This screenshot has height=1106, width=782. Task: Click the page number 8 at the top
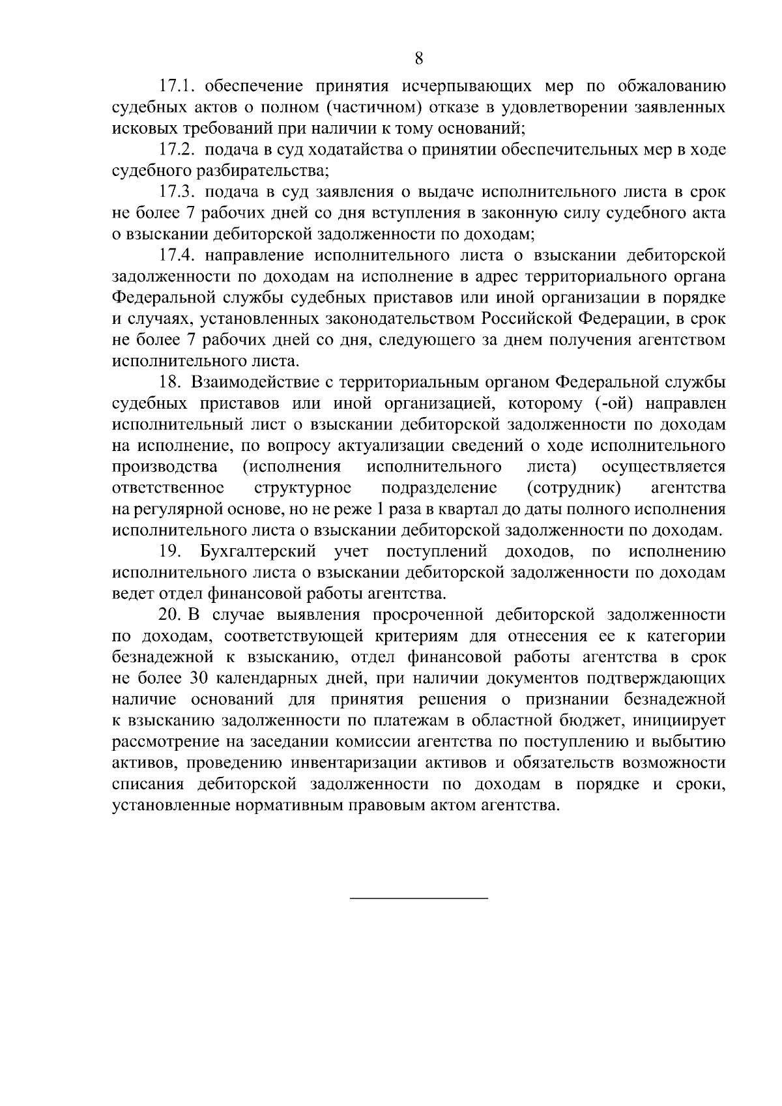419,58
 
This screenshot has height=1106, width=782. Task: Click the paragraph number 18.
170,383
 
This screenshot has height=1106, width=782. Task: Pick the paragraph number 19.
170,552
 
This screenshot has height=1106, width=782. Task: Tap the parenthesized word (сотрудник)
573,488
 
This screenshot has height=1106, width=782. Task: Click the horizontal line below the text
419,899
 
